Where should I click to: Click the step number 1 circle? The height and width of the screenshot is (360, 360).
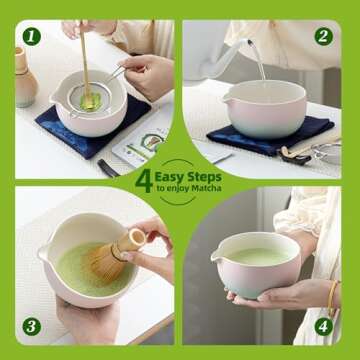coord(31,37)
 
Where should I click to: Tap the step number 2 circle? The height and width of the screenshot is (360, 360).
coord(323,37)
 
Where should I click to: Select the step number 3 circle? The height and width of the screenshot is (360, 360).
coord(31,324)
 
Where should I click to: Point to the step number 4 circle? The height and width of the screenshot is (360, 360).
coord(323,324)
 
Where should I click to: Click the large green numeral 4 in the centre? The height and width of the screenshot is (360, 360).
coord(145,179)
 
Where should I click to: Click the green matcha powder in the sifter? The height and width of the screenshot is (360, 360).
coord(89,100)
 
